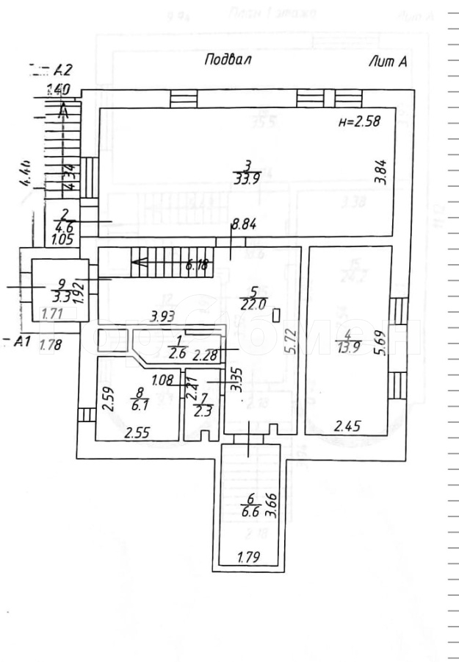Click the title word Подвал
click(x=228, y=61)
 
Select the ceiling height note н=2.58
click(x=359, y=123)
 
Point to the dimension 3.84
click(x=380, y=171)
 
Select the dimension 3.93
click(x=162, y=316)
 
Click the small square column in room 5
click(x=276, y=315)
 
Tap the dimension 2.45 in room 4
click(x=347, y=426)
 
